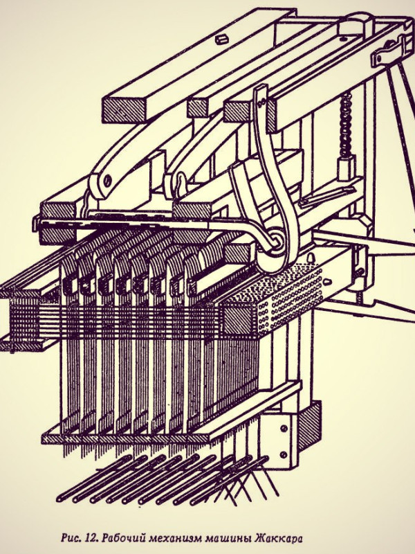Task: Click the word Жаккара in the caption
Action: coord(279,539)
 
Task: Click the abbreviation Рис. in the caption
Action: coord(71,538)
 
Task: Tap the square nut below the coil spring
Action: coord(346,168)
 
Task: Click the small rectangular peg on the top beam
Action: coord(221,39)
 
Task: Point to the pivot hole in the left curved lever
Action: coord(108,181)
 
